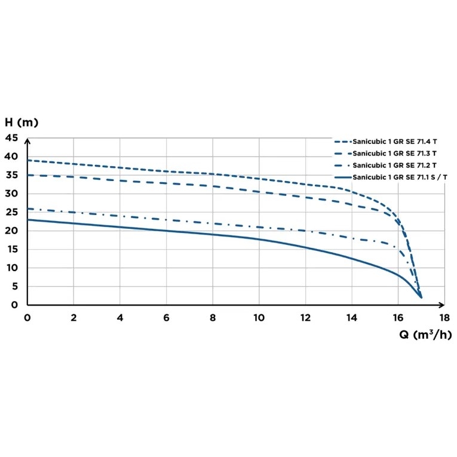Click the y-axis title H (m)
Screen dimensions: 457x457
tap(22, 122)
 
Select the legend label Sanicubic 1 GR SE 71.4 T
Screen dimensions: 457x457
tap(395, 142)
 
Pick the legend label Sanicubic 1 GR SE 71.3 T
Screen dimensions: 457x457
tap(395, 154)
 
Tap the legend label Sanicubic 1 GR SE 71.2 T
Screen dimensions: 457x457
tap(395, 165)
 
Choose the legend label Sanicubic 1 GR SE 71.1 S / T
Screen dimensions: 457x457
tap(400, 177)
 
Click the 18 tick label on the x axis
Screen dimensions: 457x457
tap(444, 317)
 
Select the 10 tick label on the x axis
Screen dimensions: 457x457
tap(259, 317)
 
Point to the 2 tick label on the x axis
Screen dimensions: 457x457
tap(73, 317)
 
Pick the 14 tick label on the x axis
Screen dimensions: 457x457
tap(352, 317)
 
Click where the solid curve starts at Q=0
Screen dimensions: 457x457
tap(27, 220)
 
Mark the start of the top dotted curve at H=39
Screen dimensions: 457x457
tap(27, 161)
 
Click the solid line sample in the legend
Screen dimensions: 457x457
tap(342, 177)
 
